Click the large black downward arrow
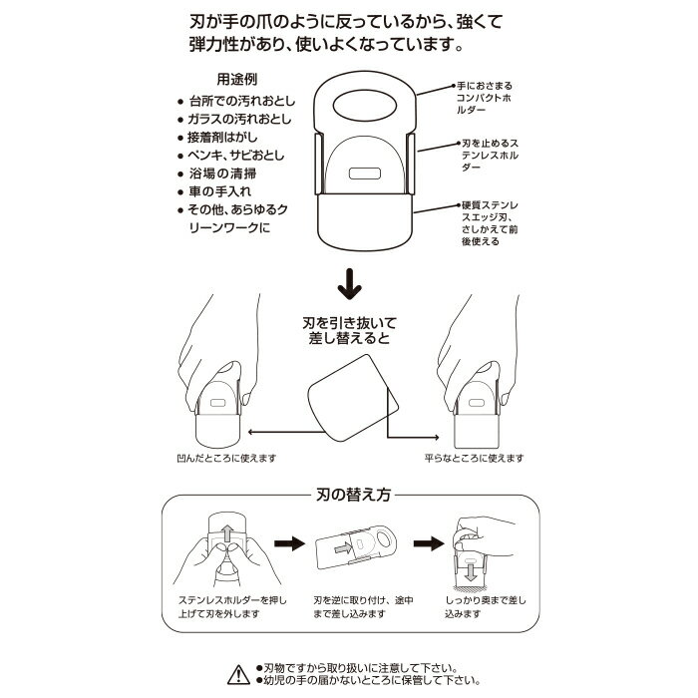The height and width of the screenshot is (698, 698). (349, 284)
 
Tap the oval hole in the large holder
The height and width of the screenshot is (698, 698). (365, 107)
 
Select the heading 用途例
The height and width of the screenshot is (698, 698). (237, 79)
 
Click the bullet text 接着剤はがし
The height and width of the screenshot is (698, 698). (222, 138)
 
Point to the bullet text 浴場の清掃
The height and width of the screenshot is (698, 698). (222, 174)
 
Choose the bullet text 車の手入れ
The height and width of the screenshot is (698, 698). (219, 191)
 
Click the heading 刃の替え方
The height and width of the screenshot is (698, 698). (353, 495)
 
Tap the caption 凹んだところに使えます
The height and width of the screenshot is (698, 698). (226, 458)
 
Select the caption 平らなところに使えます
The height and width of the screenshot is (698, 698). (474, 458)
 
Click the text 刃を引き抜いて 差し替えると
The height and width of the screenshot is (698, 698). (349, 330)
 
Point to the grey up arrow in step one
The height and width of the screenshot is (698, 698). (227, 532)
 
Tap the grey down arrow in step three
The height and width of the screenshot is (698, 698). (471, 571)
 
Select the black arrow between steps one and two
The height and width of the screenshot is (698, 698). (289, 543)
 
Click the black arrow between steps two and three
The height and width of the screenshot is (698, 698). (429, 543)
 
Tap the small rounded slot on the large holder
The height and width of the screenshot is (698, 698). (365, 174)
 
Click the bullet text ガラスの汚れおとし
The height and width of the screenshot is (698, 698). (239, 119)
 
